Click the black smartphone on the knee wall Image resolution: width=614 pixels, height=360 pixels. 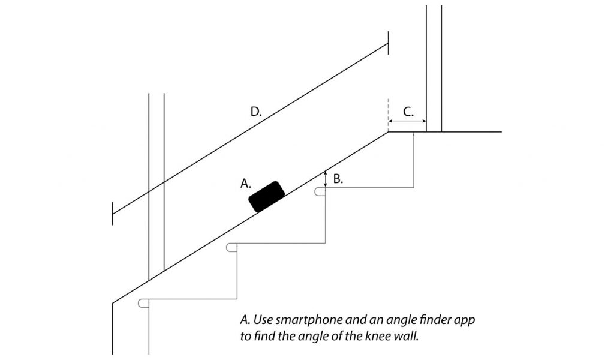[267, 196]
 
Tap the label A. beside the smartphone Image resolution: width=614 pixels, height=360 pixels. [246, 184]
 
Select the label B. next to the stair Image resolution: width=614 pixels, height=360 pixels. [338, 179]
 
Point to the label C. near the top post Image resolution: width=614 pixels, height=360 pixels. [407, 111]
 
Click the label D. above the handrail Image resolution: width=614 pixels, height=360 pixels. [256, 111]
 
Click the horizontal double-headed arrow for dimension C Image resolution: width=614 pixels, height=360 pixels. [407, 121]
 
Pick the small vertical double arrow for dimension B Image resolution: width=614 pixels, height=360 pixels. [326, 178]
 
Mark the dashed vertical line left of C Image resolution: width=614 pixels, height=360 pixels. [389, 114]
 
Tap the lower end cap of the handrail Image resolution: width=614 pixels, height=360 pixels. [113, 213]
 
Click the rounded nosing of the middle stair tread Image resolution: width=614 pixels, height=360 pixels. [231, 247]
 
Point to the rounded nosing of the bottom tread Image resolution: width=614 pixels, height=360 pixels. [143, 303]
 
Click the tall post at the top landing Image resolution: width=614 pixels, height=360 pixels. [434, 66]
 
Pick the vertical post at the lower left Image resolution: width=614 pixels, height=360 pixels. [156, 180]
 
